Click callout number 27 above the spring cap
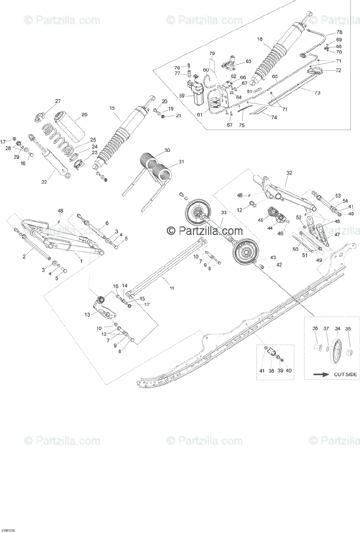pos(58,101)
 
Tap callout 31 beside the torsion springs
pos(169,162)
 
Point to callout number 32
pos(289,173)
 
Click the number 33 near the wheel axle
pos(224,213)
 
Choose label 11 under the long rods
pos(171,288)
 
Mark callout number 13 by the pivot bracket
pos(87,314)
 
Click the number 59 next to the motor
pos(181,95)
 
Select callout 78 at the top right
pos(339,32)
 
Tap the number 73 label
pos(317,92)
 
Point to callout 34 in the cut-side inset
pos(337,329)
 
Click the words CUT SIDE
pos(345,374)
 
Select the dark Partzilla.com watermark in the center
pos(205,231)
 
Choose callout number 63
pos(248,61)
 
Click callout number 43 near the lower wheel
pos(273,258)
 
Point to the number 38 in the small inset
pos(271,370)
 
